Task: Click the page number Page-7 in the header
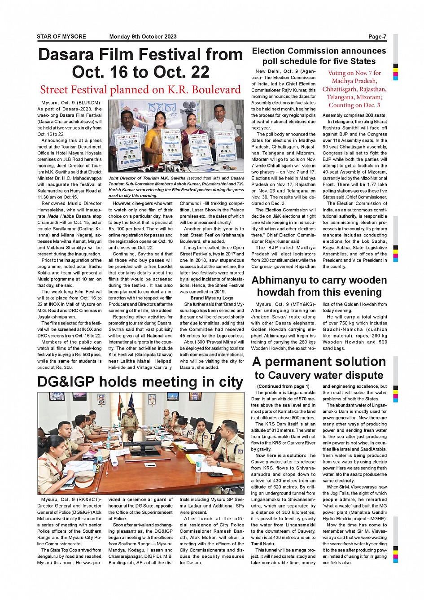377,37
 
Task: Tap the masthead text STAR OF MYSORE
61,37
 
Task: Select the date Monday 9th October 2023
143,37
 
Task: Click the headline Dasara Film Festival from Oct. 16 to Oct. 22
140,63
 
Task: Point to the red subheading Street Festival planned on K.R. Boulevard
140,90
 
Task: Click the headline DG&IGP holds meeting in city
140,382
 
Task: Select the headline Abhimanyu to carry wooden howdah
319,286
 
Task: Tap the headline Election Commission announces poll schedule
319,56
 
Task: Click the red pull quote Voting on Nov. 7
354,89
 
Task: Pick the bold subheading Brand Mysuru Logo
212,298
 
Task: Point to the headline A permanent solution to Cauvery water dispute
319,368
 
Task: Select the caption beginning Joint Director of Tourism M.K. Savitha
176,187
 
